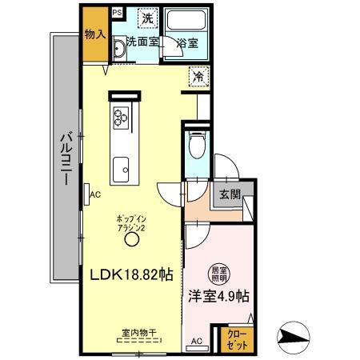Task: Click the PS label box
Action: (117, 13)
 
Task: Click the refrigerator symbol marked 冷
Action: (197, 78)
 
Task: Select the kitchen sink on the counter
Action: (122, 168)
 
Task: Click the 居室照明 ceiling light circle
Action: (218, 274)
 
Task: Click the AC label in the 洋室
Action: (195, 340)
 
